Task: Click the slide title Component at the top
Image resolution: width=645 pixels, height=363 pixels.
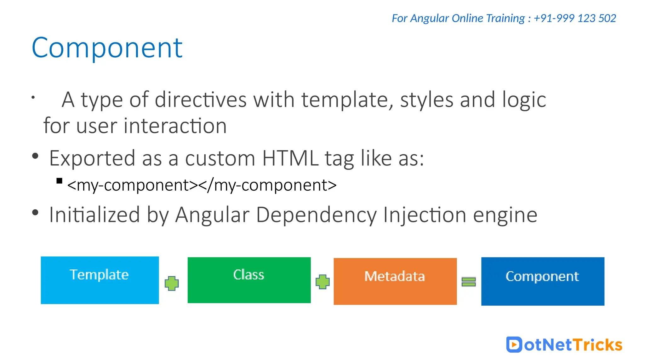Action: click(107, 48)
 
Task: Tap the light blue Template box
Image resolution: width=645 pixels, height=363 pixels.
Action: click(100, 280)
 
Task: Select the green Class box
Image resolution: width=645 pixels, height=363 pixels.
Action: click(249, 280)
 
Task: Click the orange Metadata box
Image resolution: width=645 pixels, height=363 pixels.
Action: click(395, 281)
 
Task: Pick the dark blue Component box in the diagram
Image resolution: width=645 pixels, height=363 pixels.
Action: click(542, 281)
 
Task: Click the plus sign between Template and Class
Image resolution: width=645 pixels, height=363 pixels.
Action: click(172, 283)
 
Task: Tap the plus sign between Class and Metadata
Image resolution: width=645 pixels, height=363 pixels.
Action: click(322, 282)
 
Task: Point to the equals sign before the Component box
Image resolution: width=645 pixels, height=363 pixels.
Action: click(469, 281)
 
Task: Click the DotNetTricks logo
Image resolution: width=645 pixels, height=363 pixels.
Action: click(564, 344)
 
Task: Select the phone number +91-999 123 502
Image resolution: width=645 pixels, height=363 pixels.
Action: click(575, 18)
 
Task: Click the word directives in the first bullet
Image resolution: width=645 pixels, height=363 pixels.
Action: click(201, 100)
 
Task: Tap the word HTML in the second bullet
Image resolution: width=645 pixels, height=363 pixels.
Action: click(290, 158)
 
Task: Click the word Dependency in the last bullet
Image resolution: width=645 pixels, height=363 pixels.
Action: click(316, 215)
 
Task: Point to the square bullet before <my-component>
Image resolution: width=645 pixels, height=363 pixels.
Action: click(59, 181)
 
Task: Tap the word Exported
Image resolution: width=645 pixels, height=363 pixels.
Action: click(92, 158)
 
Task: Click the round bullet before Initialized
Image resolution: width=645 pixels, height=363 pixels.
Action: click(35, 213)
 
